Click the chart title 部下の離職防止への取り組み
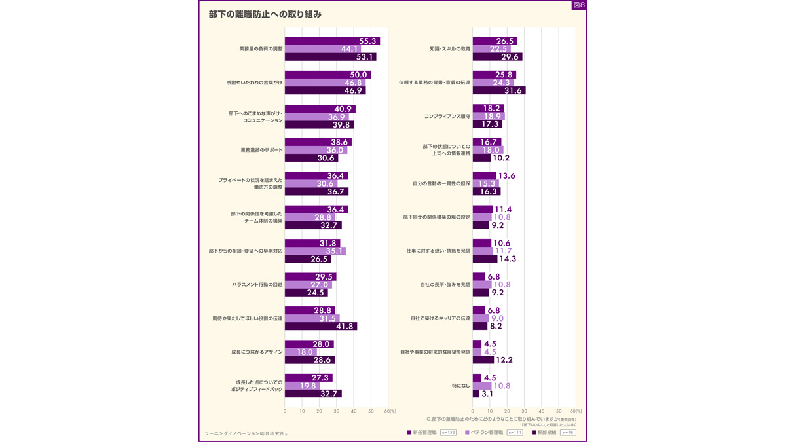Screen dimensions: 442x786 (x=265, y=14)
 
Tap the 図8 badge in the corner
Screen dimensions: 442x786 (x=578, y=5)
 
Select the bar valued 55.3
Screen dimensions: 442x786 (x=332, y=41)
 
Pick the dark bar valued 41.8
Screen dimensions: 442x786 (x=320, y=326)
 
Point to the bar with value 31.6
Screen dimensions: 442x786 (x=498, y=90)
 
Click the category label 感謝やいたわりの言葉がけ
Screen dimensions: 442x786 (x=254, y=83)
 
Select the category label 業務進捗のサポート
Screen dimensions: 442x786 (x=261, y=150)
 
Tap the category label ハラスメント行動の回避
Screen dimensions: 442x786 (x=257, y=285)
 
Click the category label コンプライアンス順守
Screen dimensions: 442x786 (x=447, y=116)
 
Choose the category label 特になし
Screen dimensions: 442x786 (x=461, y=386)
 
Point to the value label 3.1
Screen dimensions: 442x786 (x=487, y=394)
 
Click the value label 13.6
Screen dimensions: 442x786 (x=506, y=176)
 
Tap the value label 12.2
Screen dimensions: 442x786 (x=504, y=360)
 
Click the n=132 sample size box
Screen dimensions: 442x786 (x=448, y=433)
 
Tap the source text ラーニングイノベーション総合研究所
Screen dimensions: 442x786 (x=246, y=433)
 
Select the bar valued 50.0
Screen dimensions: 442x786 (x=327, y=75)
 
